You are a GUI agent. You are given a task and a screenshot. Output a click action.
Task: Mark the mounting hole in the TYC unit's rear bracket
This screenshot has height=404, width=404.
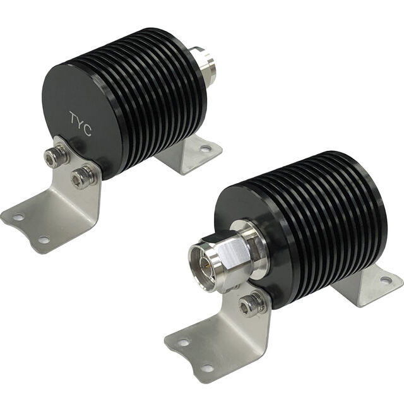click(x=205, y=149)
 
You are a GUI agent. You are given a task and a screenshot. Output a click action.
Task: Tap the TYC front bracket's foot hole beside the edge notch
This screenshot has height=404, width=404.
click(x=43, y=239)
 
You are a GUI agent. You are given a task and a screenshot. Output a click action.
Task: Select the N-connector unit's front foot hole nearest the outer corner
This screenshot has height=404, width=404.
click(x=183, y=343)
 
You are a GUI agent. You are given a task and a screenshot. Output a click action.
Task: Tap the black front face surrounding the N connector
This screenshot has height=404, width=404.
click(x=278, y=278)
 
